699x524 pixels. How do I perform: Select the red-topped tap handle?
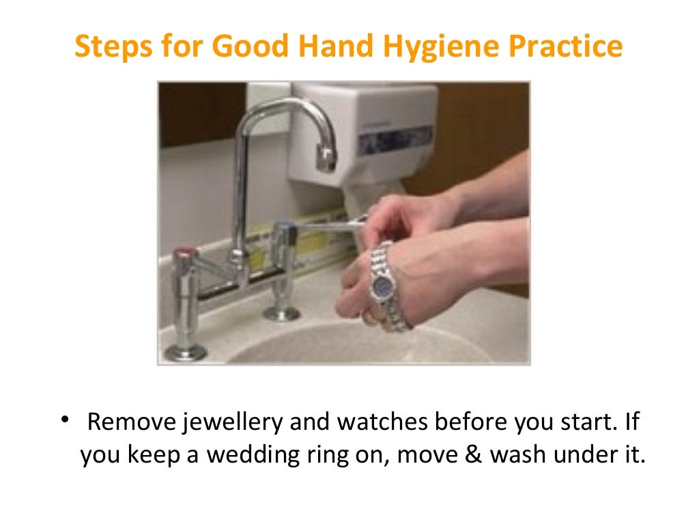point(186,254)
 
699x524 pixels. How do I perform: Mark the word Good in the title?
point(254,47)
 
